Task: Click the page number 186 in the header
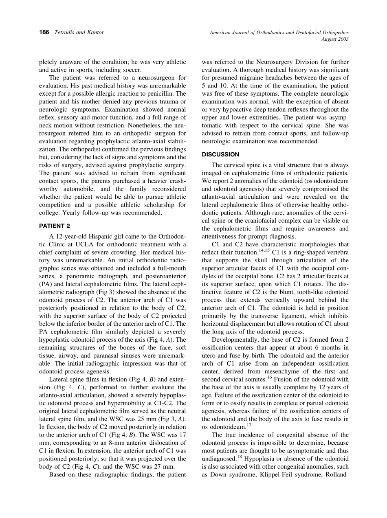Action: [x=44, y=32]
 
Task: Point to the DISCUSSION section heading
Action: [x=221, y=155]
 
